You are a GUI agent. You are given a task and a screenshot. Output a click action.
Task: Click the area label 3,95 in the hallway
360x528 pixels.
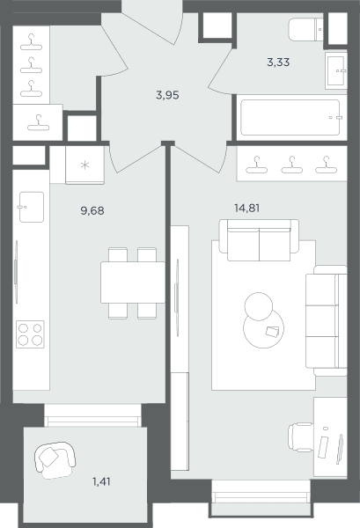(167, 96)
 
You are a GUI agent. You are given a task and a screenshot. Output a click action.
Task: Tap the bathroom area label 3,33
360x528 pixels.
(278, 62)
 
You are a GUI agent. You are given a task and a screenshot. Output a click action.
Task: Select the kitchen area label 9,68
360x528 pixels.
(92, 211)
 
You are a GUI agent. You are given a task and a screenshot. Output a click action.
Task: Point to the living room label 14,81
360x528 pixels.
(246, 208)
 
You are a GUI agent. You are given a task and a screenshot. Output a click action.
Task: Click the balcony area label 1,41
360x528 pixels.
(101, 482)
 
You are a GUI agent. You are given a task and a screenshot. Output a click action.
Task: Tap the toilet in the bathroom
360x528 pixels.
(305, 30)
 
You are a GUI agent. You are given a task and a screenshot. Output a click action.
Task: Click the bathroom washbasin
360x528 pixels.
(336, 70)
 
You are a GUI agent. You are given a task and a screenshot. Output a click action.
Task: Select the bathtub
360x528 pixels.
(291, 118)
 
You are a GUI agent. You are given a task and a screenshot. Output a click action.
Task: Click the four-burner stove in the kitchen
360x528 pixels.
(30, 334)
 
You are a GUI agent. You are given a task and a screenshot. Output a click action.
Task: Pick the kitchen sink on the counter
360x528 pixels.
(32, 207)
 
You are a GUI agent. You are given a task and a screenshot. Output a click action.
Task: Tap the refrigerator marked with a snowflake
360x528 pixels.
(84, 165)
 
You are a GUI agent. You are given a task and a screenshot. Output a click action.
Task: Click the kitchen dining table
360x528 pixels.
(133, 282)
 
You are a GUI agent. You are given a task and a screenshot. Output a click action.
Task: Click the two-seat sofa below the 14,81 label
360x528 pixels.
(259, 240)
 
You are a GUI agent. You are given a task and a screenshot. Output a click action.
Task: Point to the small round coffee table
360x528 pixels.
(258, 306)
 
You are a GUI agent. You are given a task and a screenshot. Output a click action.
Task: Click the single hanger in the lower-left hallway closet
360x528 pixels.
(38, 123)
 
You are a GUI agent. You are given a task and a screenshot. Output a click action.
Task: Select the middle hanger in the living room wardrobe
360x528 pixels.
(291, 165)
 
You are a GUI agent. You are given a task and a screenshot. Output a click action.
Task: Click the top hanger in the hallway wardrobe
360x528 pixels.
(31, 42)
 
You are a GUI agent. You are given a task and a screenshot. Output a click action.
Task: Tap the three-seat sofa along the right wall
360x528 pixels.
(326, 320)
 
